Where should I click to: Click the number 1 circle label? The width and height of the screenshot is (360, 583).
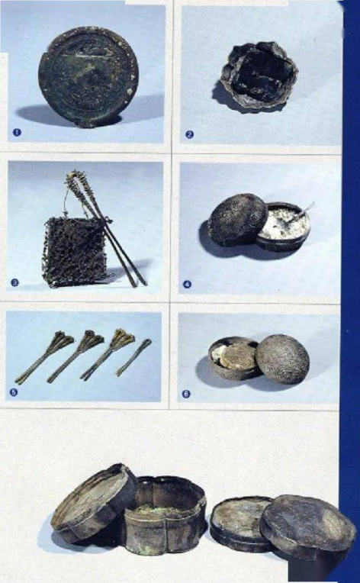[17, 132]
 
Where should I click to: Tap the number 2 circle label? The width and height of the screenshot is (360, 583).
[189, 134]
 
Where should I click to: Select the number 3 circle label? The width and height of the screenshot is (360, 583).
[14, 282]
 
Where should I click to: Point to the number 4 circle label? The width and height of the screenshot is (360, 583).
[187, 285]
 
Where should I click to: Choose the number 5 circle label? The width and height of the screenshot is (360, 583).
[14, 391]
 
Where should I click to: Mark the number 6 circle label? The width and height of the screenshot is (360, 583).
[186, 394]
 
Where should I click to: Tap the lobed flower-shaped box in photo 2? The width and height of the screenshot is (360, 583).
[259, 76]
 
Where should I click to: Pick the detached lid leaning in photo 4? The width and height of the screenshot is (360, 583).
[237, 220]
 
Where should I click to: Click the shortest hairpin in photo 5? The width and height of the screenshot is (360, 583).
[133, 357]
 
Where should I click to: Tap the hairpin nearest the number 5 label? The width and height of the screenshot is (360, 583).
[44, 358]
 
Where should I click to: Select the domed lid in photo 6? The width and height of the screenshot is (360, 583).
[282, 359]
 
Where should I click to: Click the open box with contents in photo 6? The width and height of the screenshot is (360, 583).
[233, 358]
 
